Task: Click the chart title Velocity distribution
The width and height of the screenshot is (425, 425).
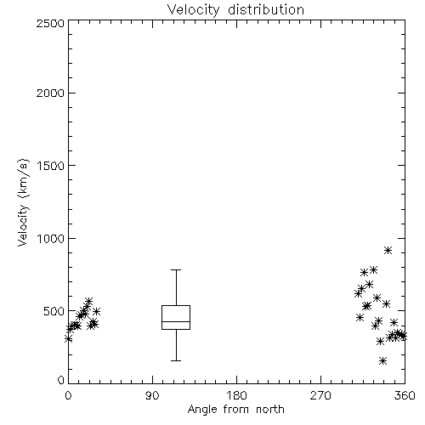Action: [235, 9]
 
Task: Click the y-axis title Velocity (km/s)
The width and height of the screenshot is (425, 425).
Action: [23, 202]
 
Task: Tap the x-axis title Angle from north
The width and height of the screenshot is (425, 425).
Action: [235, 409]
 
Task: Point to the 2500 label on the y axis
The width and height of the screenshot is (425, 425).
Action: [50, 23]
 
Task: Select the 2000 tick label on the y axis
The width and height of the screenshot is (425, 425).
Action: [50, 93]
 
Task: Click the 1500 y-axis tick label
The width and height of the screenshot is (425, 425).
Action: [51, 166]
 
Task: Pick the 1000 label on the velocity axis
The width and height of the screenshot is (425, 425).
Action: [51, 239]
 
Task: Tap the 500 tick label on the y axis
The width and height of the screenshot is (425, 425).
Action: [54, 311]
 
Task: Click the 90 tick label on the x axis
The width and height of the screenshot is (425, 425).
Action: [152, 396]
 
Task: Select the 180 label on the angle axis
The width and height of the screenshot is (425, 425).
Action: [236, 396]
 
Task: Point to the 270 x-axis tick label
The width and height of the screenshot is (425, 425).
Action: [320, 396]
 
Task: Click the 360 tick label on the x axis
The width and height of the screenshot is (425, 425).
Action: [405, 396]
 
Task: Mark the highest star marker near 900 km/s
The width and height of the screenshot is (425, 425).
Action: [388, 250]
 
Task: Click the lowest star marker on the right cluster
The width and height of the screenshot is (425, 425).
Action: [382, 360]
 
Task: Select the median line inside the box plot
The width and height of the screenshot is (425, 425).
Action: [176, 321]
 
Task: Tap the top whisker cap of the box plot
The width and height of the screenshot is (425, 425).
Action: [176, 269]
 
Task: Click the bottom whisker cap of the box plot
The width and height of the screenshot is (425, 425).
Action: [176, 360]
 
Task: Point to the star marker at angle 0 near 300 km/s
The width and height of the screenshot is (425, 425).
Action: [68, 339]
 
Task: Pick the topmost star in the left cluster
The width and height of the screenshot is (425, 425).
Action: [88, 301]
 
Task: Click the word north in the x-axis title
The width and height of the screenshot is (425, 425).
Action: [270, 409]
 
